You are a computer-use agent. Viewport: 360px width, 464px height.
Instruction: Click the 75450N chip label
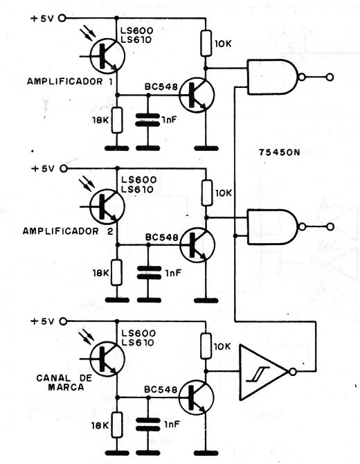point(279,152)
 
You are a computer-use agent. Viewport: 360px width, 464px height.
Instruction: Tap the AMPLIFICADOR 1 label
point(70,82)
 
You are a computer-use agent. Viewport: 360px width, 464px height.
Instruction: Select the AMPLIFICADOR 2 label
point(68,231)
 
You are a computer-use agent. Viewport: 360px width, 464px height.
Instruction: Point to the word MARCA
point(66,387)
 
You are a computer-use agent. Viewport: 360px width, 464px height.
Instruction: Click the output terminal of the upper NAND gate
point(330,78)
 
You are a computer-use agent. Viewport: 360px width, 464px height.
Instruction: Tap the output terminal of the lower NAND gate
point(330,227)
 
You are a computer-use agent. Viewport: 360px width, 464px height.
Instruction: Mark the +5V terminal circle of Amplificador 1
point(62,18)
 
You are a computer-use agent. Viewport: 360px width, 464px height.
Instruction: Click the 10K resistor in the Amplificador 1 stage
point(206,43)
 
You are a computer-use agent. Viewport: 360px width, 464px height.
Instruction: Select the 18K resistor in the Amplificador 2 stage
point(117,273)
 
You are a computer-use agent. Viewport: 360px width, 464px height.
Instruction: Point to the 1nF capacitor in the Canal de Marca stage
point(147,425)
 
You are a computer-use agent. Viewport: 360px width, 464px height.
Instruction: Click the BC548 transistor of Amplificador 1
point(197,95)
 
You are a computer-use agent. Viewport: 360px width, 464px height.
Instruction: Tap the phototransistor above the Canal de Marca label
point(107,359)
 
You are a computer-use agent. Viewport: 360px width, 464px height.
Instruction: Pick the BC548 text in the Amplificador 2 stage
point(161,238)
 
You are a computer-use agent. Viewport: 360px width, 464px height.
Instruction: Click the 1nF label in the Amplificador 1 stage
point(169,120)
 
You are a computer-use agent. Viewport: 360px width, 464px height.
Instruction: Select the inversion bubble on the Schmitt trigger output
point(293,372)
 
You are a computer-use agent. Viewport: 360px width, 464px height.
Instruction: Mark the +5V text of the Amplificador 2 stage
point(43,169)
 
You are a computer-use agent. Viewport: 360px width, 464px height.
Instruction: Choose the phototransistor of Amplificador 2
point(107,206)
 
